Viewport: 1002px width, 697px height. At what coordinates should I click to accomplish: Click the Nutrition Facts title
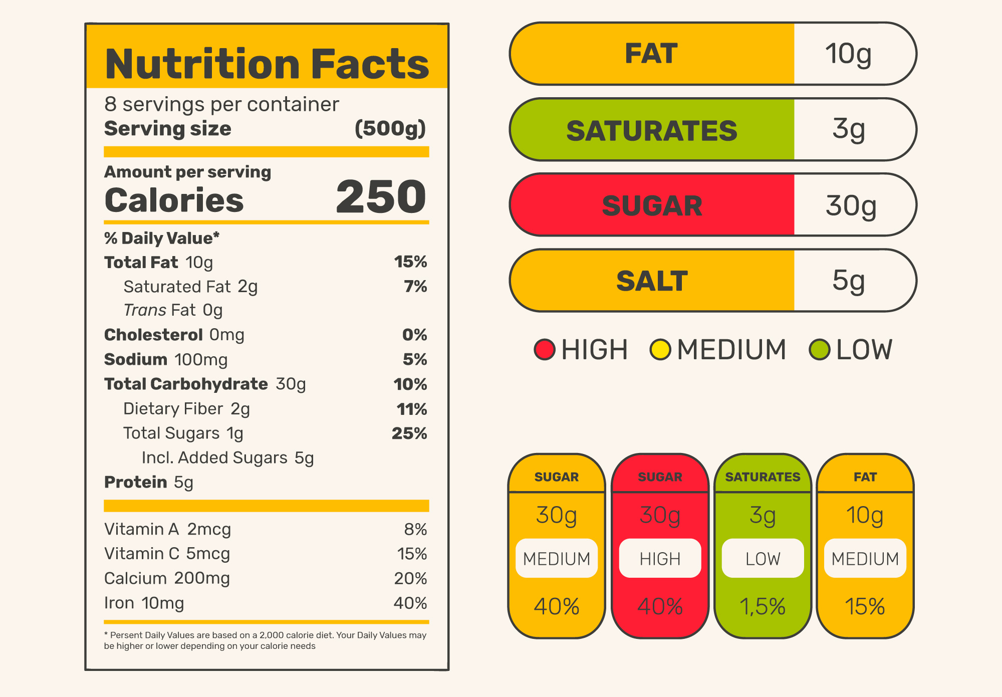pyautogui.click(x=267, y=64)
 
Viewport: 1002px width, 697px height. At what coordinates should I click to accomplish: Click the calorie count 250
pyautogui.click(x=381, y=197)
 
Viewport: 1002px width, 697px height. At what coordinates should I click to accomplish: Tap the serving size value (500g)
pyautogui.click(x=390, y=129)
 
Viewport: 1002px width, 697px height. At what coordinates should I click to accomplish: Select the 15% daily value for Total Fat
pyautogui.click(x=410, y=262)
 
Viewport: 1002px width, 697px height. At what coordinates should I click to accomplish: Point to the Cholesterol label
pyautogui.click(x=153, y=335)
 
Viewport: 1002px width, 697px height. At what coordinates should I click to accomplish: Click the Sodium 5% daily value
pyautogui.click(x=415, y=359)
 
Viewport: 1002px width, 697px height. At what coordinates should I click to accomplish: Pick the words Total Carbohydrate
pyautogui.click(x=186, y=384)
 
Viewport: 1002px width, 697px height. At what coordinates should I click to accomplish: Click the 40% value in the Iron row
pyautogui.click(x=410, y=603)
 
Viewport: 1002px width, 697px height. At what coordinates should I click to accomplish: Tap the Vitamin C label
pyautogui.click(x=142, y=554)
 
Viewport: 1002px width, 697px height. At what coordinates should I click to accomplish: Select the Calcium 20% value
pyautogui.click(x=410, y=578)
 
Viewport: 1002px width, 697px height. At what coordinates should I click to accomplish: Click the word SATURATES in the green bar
pyautogui.click(x=652, y=131)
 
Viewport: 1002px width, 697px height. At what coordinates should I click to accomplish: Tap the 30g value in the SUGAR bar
pyautogui.click(x=851, y=205)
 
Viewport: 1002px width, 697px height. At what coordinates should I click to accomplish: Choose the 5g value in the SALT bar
pyautogui.click(x=848, y=281)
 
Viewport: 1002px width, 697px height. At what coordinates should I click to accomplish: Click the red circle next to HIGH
pyautogui.click(x=545, y=349)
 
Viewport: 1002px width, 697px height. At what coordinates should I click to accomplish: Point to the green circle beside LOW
pyautogui.click(x=820, y=349)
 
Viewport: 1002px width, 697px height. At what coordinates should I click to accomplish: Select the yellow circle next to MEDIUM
pyautogui.click(x=660, y=349)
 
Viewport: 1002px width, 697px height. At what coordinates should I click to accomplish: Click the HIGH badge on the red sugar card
pyautogui.click(x=660, y=558)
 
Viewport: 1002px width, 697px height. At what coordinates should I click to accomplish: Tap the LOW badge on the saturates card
pyautogui.click(x=763, y=558)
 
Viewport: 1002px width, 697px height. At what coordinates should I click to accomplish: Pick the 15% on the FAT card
pyautogui.click(x=865, y=606)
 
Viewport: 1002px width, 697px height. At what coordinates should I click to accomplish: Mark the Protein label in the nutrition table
pyautogui.click(x=135, y=482)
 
